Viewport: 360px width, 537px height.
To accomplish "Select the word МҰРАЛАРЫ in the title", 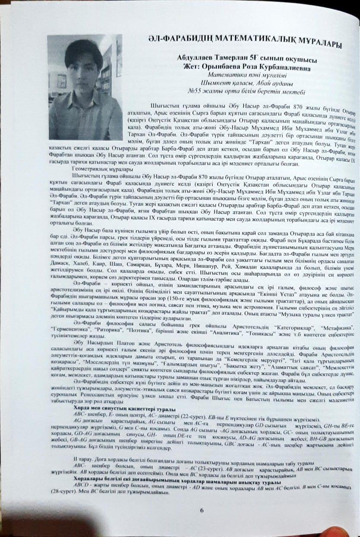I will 316,44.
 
